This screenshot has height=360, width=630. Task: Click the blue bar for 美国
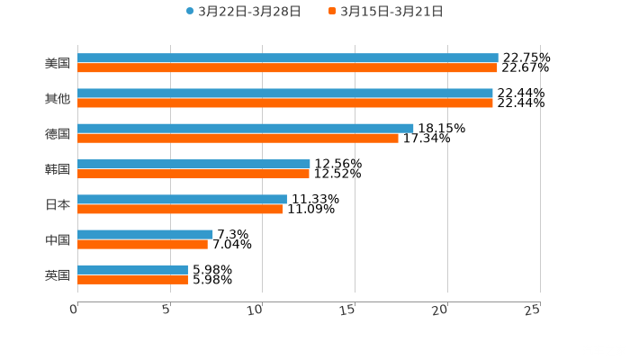288,58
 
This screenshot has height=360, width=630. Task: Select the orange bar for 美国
288,67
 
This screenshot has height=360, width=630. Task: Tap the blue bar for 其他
285,93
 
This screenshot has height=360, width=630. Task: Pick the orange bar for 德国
238,138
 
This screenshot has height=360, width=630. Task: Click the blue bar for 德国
246,128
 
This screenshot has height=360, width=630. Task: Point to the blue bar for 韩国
193,164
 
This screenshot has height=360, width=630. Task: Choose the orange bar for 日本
180,209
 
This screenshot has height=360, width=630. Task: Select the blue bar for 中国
145,234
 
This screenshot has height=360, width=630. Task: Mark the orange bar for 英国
132,279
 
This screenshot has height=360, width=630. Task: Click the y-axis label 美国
57,63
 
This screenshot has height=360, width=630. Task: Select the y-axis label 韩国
57,169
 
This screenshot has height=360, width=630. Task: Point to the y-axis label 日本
57,204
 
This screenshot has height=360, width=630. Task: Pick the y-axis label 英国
57,274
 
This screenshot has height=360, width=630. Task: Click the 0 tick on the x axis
75,310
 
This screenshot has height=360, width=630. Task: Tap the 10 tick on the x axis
257,310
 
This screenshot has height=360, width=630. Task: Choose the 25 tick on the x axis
534,310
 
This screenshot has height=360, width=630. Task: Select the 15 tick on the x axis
350,310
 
